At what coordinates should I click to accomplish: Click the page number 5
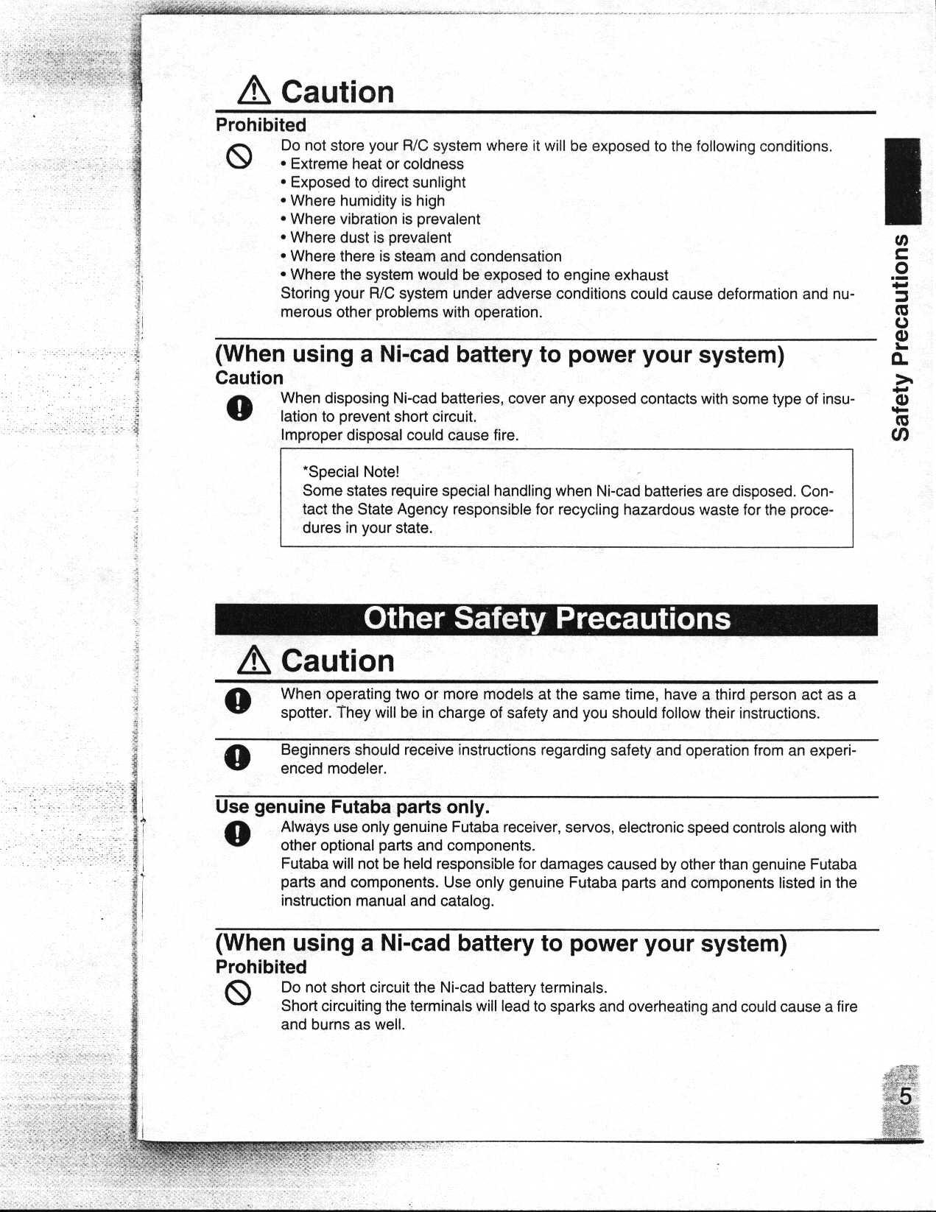pos(905,1096)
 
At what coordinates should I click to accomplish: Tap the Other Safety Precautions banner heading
pos(546,619)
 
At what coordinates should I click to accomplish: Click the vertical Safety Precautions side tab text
pos(903,338)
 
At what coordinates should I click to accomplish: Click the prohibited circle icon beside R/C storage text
pos(240,156)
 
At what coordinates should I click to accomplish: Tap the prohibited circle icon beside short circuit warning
pos(239,995)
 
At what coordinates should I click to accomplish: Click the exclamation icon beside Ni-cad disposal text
pos(240,409)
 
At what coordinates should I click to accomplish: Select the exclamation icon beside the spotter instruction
pos(239,701)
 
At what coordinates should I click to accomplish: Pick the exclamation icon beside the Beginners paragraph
pos(239,757)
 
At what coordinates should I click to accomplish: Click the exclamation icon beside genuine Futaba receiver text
pos(239,834)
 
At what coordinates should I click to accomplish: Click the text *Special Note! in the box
pos(351,472)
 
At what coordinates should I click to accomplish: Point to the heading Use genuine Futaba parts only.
pos(353,807)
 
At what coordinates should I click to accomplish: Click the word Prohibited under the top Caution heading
pos(261,125)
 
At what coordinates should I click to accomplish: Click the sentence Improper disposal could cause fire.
pos(399,435)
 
